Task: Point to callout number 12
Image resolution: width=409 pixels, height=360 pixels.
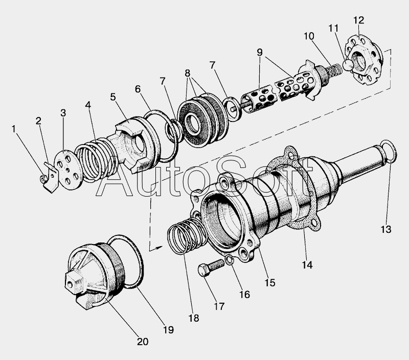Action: [358, 20]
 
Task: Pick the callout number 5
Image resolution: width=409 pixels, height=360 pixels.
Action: [112, 96]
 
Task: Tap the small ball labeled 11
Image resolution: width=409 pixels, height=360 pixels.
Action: [348, 65]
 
